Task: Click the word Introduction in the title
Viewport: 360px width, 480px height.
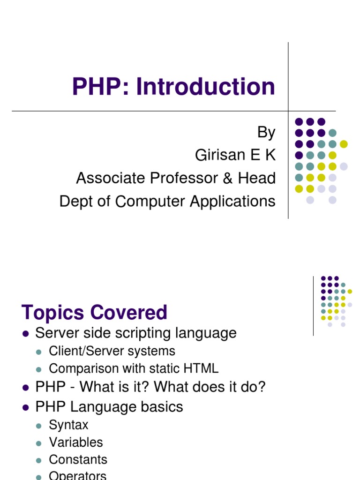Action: click(x=206, y=87)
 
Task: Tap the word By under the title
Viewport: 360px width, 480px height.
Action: click(x=266, y=133)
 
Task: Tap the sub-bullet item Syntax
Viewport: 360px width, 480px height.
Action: click(x=68, y=425)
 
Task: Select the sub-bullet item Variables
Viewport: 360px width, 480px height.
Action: click(x=75, y=442)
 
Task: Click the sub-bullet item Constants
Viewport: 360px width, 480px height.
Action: click(x=78, y=459)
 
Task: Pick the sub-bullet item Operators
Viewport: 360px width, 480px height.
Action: click(x=77, y=475)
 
